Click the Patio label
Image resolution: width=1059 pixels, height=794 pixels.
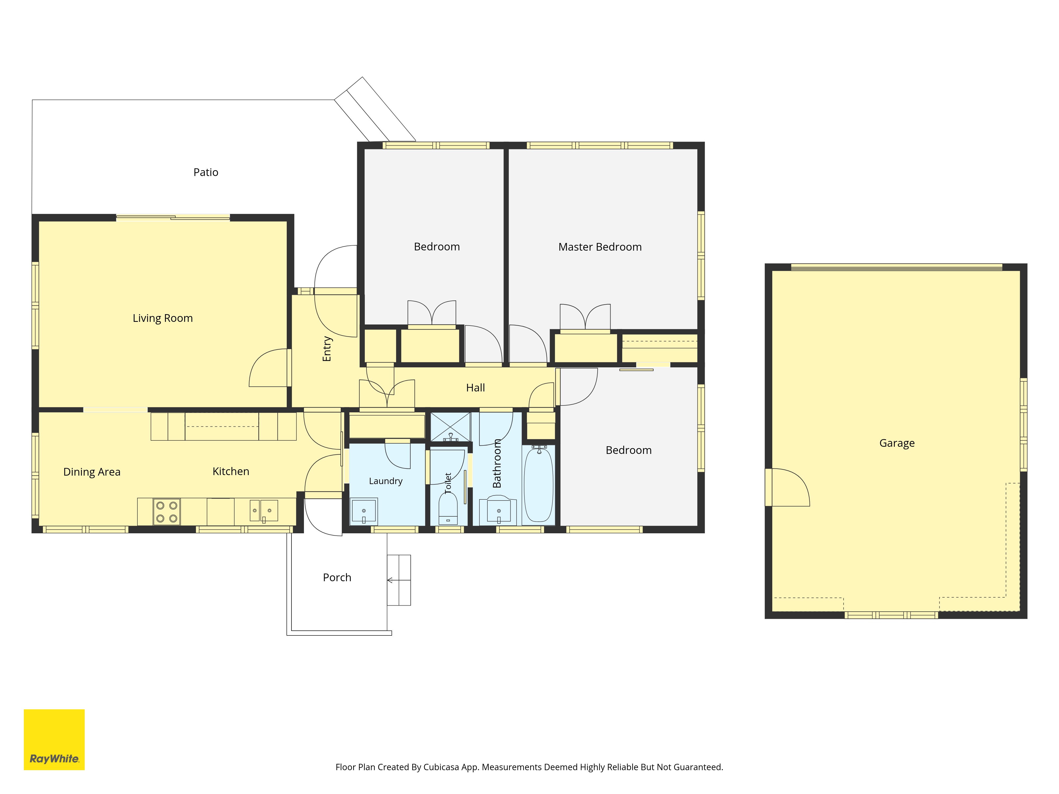click(206, 172)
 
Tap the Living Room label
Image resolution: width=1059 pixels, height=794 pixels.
click(163, 318)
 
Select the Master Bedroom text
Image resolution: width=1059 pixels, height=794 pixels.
click(600, 247)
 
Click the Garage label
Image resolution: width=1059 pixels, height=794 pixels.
click(897, 443)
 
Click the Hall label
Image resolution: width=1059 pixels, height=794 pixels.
click(475, 388)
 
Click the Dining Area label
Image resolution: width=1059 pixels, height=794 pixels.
click(92, 472)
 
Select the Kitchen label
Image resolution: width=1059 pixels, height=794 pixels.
click(231, 471)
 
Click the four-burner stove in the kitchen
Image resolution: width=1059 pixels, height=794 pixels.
click(167, 512)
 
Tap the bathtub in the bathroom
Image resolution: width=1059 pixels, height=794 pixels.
click(539, 484)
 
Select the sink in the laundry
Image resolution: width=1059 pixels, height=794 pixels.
click(364, 511)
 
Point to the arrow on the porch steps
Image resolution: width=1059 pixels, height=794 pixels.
click(399, 580)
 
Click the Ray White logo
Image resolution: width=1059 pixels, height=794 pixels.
click(54, 739)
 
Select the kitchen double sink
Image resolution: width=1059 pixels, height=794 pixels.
click(264, 511)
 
